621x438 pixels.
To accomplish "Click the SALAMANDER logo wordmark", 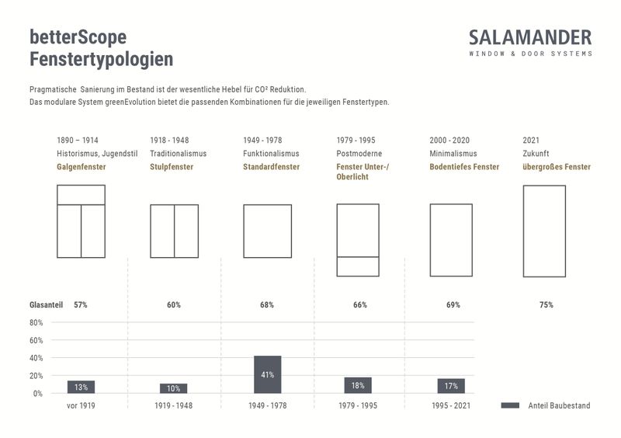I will point(530,37).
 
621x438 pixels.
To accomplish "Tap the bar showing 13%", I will point(81,387).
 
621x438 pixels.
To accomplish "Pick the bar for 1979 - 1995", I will point(358,385).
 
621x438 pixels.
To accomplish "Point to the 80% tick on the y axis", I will point(36,322).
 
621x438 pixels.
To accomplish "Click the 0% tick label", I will point(38,394).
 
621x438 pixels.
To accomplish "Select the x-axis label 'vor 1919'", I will point(81,405).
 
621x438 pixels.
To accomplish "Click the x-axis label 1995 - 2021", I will point(451,405).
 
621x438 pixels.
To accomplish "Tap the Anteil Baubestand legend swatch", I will point(510,405).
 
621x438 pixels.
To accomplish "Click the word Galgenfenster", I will point(82,167).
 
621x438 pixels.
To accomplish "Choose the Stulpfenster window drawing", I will point(174,231).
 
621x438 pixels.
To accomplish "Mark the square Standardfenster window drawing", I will point(267,231).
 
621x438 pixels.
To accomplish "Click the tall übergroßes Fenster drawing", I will point(544,231).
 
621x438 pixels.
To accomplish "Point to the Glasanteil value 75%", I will point(546,305).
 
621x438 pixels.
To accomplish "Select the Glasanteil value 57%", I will point(81,305).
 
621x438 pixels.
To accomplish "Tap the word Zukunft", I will point(536,154).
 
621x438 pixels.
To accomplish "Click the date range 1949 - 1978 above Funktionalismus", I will point(262,141).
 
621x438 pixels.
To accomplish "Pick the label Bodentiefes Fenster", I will point(464,167).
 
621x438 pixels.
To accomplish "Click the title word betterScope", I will point(78,36).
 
